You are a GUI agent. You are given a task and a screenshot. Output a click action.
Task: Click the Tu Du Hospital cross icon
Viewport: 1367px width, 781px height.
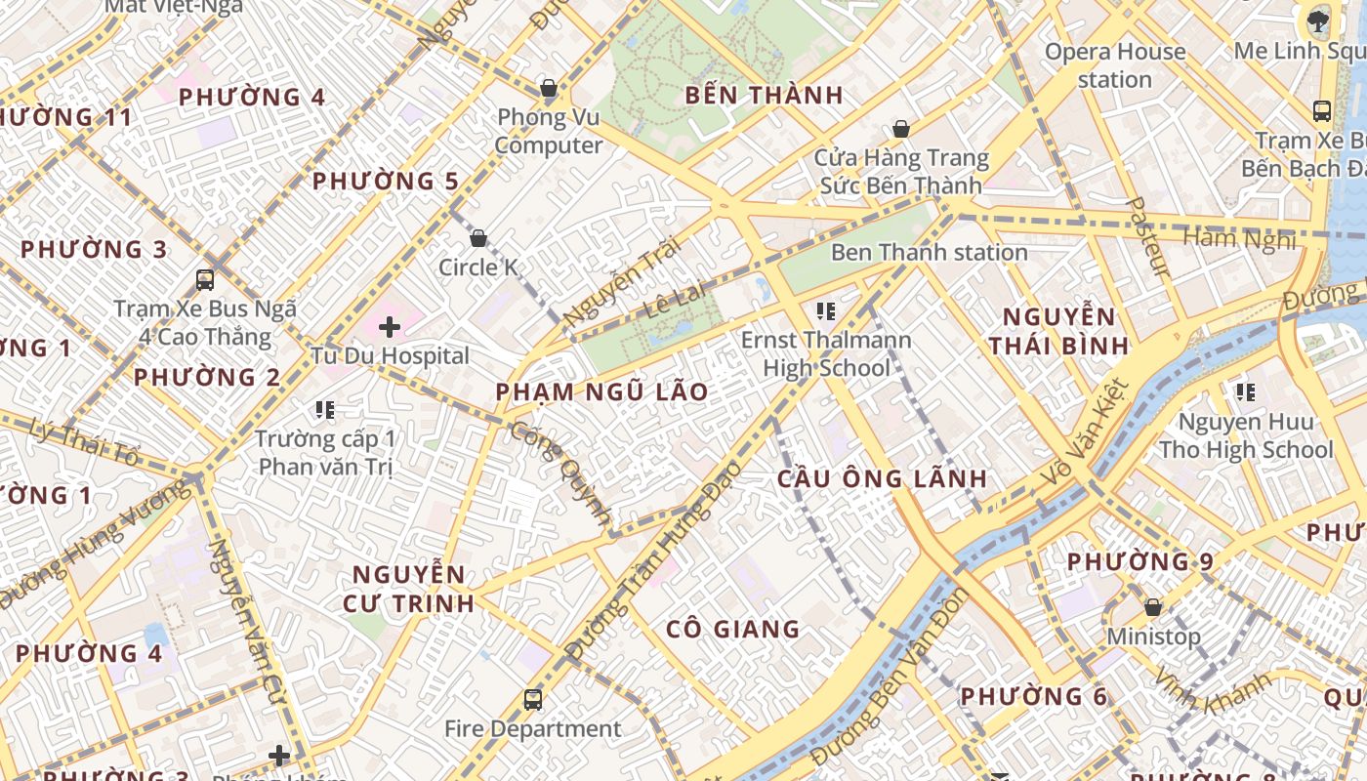click(390, 327)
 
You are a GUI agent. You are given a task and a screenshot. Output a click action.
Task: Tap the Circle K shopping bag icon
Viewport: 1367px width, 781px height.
click(478, 238)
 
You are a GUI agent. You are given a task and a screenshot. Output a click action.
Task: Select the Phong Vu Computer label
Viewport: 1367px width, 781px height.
click(548, 132)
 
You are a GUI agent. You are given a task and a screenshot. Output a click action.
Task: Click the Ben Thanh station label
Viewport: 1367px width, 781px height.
click(929, 252)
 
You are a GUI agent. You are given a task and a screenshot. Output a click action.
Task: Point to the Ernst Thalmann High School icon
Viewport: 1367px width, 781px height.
click(826, 311)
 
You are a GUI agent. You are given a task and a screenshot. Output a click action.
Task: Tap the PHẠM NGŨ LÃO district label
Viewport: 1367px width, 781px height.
click(601, 392)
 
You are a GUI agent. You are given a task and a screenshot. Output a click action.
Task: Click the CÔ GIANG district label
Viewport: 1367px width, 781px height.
click(732, 630)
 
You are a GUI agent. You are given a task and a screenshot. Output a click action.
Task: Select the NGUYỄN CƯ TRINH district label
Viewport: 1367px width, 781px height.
click(408, 589)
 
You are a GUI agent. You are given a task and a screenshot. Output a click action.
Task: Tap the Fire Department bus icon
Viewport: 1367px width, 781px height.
click(533, 699)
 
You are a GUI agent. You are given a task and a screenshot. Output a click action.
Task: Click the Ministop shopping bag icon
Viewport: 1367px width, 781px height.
click(1153, 607)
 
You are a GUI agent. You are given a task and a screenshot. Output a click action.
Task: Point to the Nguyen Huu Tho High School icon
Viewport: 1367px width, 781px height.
click(1245, 392)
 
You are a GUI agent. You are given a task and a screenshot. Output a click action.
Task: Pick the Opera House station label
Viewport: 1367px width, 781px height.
click(1115, 65)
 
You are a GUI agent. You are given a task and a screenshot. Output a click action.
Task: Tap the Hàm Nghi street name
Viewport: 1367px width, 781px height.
click(1238, 238)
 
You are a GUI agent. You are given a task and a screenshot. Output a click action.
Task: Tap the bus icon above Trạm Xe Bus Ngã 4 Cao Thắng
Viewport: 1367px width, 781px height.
click(205, 280)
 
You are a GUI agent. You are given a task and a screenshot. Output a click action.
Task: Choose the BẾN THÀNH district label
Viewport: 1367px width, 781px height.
click(764, 96)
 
